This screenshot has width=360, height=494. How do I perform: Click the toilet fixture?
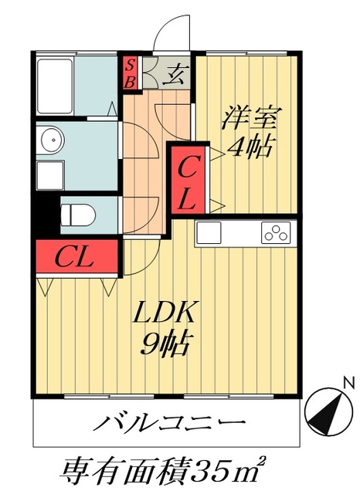click(x=78, y=215)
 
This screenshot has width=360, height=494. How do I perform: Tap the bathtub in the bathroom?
click(x=55, y=86)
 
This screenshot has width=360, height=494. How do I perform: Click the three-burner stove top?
click(x=276, y=232)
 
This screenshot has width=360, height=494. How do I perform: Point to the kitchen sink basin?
click(x=209, y=232)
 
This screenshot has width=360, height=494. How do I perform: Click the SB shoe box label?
click(x=130, y=73)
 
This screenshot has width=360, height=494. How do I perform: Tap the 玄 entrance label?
click(x=175, y=74)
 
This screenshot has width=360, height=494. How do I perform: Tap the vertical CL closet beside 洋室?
click(x=188, y=180)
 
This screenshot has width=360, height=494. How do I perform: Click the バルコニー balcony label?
click(x=169, y=422)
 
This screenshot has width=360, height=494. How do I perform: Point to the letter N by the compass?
click(x=348, y=384)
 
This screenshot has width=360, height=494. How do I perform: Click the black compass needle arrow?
click(x=327, y=414)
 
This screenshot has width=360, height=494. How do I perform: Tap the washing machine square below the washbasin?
click(x=50, y=175)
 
